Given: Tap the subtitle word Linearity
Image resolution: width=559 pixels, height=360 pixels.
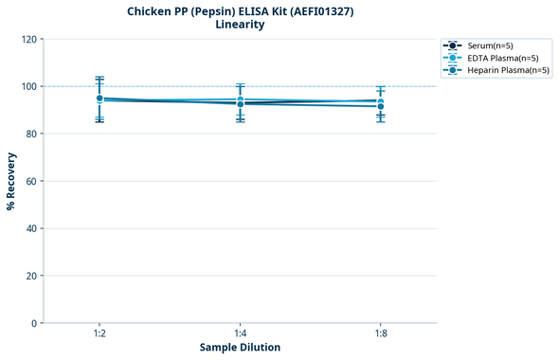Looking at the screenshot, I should click(240, 25).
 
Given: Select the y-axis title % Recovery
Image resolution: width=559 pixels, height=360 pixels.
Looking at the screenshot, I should click(11, 180).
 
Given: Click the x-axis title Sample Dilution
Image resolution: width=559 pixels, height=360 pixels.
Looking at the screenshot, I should click(240, 348).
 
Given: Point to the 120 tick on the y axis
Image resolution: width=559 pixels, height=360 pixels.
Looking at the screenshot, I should click(28, 39).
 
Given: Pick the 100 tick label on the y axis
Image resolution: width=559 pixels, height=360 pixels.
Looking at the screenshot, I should click(28, 86).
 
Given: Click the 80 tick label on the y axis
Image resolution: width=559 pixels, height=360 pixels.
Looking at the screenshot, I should click(31, 134).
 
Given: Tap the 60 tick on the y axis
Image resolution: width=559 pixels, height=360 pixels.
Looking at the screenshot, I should click(31, 181).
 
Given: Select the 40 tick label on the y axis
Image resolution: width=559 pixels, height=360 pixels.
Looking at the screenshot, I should click(31, 228).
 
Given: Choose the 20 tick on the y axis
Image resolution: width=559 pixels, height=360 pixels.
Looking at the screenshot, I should click(31, 276).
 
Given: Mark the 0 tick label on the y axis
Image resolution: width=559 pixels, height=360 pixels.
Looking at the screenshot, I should click(34, 323).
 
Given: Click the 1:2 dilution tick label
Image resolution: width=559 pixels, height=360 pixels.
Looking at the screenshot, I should click(99, 333).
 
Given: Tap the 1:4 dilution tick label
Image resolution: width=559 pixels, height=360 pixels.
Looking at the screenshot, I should click(240, 333).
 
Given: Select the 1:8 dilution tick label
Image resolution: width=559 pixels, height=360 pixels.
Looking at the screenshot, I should click(381, 333).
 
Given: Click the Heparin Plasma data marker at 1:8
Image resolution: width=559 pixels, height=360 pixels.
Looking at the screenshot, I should click(381, 106).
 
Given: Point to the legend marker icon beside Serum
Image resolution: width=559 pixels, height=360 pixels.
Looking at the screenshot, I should click(453, 45).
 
